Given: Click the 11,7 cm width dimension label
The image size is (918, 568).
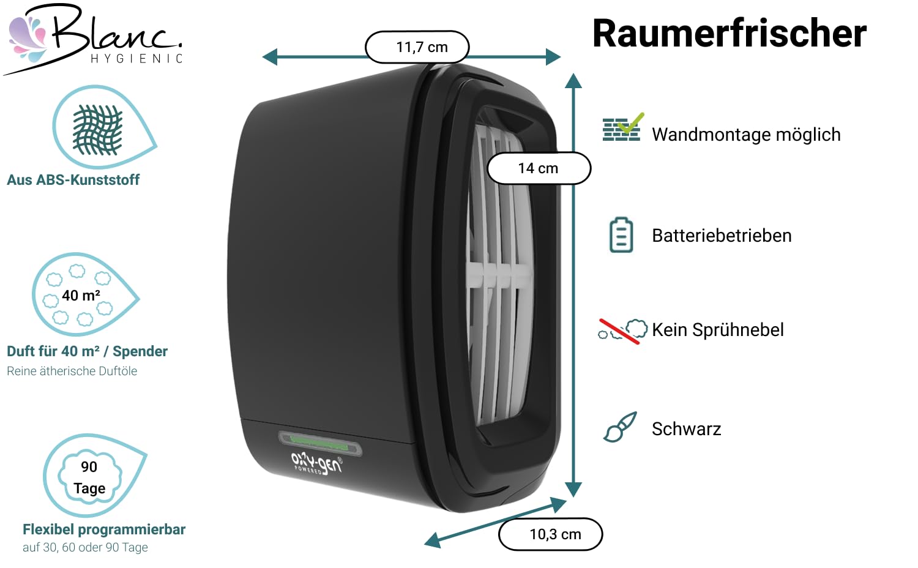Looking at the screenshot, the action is [417, 47].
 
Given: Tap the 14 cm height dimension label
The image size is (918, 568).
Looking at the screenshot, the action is [539, 168].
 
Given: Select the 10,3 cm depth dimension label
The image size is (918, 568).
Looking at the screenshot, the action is [550, 534].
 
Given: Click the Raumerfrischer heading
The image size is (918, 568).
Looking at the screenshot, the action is [730, 34].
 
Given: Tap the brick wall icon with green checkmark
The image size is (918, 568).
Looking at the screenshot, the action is [623, 127].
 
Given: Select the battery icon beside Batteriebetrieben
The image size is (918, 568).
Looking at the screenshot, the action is [621, 235].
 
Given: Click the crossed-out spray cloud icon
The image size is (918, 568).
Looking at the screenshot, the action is [622, 331].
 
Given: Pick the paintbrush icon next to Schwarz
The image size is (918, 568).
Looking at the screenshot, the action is [620, 427].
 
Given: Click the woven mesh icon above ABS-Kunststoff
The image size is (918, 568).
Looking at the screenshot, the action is [97, 130].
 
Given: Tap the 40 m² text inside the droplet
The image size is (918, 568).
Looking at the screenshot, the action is [81, 296].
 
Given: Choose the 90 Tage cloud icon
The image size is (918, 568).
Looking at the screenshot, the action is [90, 477].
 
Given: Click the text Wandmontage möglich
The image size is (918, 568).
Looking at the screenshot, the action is [746, 135].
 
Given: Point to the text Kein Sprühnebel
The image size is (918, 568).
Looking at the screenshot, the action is [718, 330].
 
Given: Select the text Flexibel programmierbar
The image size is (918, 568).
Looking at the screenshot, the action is [104, 529].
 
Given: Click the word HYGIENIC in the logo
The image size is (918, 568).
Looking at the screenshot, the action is [136, 59].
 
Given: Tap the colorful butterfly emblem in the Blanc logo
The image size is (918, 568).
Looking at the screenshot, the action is [28, 39].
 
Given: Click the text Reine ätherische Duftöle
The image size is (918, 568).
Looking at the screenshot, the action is [72, 371].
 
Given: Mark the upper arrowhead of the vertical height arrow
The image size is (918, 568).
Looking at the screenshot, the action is [573, 81].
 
